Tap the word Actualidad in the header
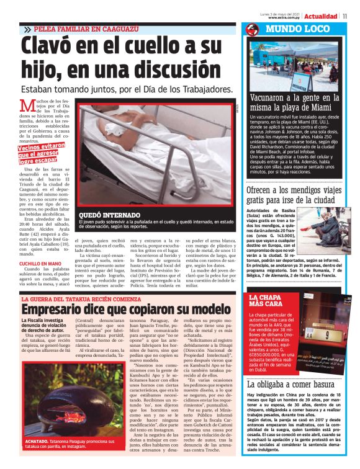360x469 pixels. (x=322, y=16)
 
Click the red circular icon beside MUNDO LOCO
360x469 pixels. (x=252, y=29)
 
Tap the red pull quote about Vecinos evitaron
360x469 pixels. (x=41, y=153)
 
